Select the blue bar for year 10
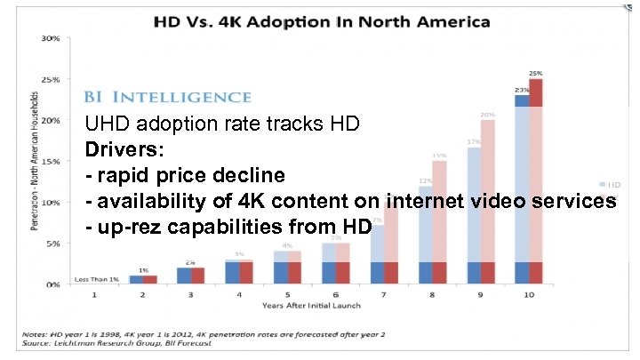(x=522, y=187)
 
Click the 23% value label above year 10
(x=522, y=89)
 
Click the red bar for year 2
(x=149, y=279)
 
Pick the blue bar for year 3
(x=183, y=275)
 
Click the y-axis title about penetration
(x=35, y=160)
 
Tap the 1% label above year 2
(x=143, y=270)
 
